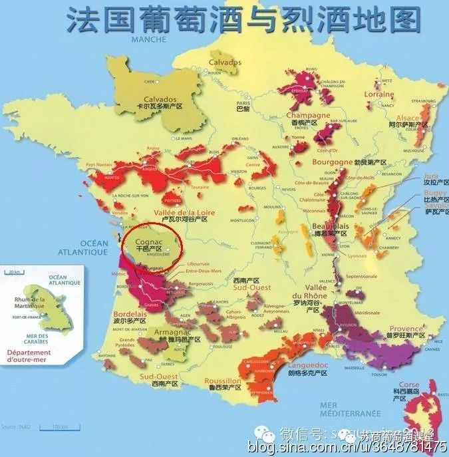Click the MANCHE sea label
(148, 40)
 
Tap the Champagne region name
(310, 115)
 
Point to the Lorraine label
(378, 94)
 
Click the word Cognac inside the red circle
(147, 239)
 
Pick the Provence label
(406, 329)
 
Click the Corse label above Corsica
(408, 385)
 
